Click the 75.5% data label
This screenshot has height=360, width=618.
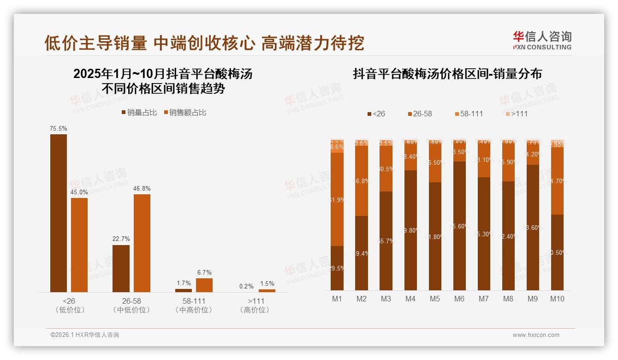[x=59, y=129]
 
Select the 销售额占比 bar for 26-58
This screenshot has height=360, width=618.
[x=142, y=243]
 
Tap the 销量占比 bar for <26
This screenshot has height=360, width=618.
[x=59, y=213]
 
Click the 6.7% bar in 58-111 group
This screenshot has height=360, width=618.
[x=204, y=285]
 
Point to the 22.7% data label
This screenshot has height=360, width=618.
[x=121, y=239]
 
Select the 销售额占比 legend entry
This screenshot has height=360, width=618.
[x=185, y=113]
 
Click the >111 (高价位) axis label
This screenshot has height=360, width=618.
[x=255, y=306]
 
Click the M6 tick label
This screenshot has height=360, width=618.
[x=459, y=299]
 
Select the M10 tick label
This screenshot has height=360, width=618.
[x=557, y=299]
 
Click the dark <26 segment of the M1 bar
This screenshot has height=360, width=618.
[x=337, y=268]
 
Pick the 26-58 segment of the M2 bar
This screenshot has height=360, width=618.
[x=362, y=181]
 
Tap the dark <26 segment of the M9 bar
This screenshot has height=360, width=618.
[x=533, y=227]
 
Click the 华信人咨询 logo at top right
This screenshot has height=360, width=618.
[x=542, y=40]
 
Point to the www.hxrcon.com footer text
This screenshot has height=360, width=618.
[x=536, y=335]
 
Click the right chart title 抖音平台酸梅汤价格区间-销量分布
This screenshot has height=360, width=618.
[x=447, y=74]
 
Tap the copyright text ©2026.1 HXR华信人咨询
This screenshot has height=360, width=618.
[x=84, y=335]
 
